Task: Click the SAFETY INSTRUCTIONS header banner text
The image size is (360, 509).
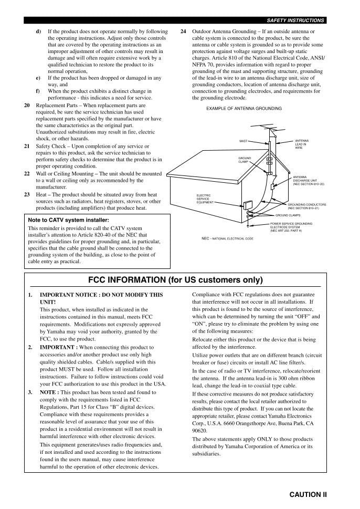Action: coord(295,20)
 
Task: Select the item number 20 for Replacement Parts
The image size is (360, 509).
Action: coord(27,105)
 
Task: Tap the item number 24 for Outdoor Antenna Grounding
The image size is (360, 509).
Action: coord(183,32)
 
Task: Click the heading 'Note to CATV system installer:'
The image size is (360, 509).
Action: coord(68,220)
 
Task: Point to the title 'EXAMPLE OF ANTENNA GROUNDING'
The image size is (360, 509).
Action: coord(244,109)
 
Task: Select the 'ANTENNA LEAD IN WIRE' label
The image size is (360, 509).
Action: coord(302,144)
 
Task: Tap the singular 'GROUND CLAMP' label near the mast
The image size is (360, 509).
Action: coord(245,160)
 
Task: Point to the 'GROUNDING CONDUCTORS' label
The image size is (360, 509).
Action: coord(306,206)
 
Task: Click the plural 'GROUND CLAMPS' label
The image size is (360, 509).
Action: coord(288,215)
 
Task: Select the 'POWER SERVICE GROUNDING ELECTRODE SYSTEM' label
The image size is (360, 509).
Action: coord(291,227)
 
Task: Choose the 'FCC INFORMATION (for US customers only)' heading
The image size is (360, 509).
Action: coord(175,279)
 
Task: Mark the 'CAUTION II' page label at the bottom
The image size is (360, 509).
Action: coord(308,494)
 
